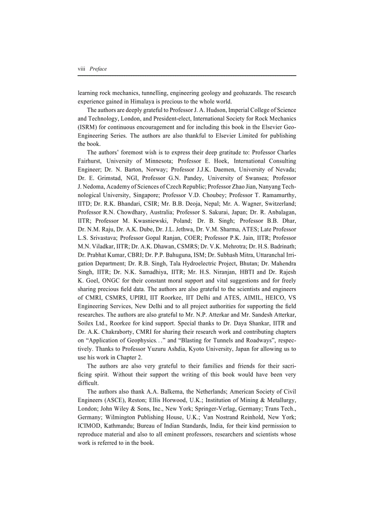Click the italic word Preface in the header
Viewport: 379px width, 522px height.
(x=98, y=69)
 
